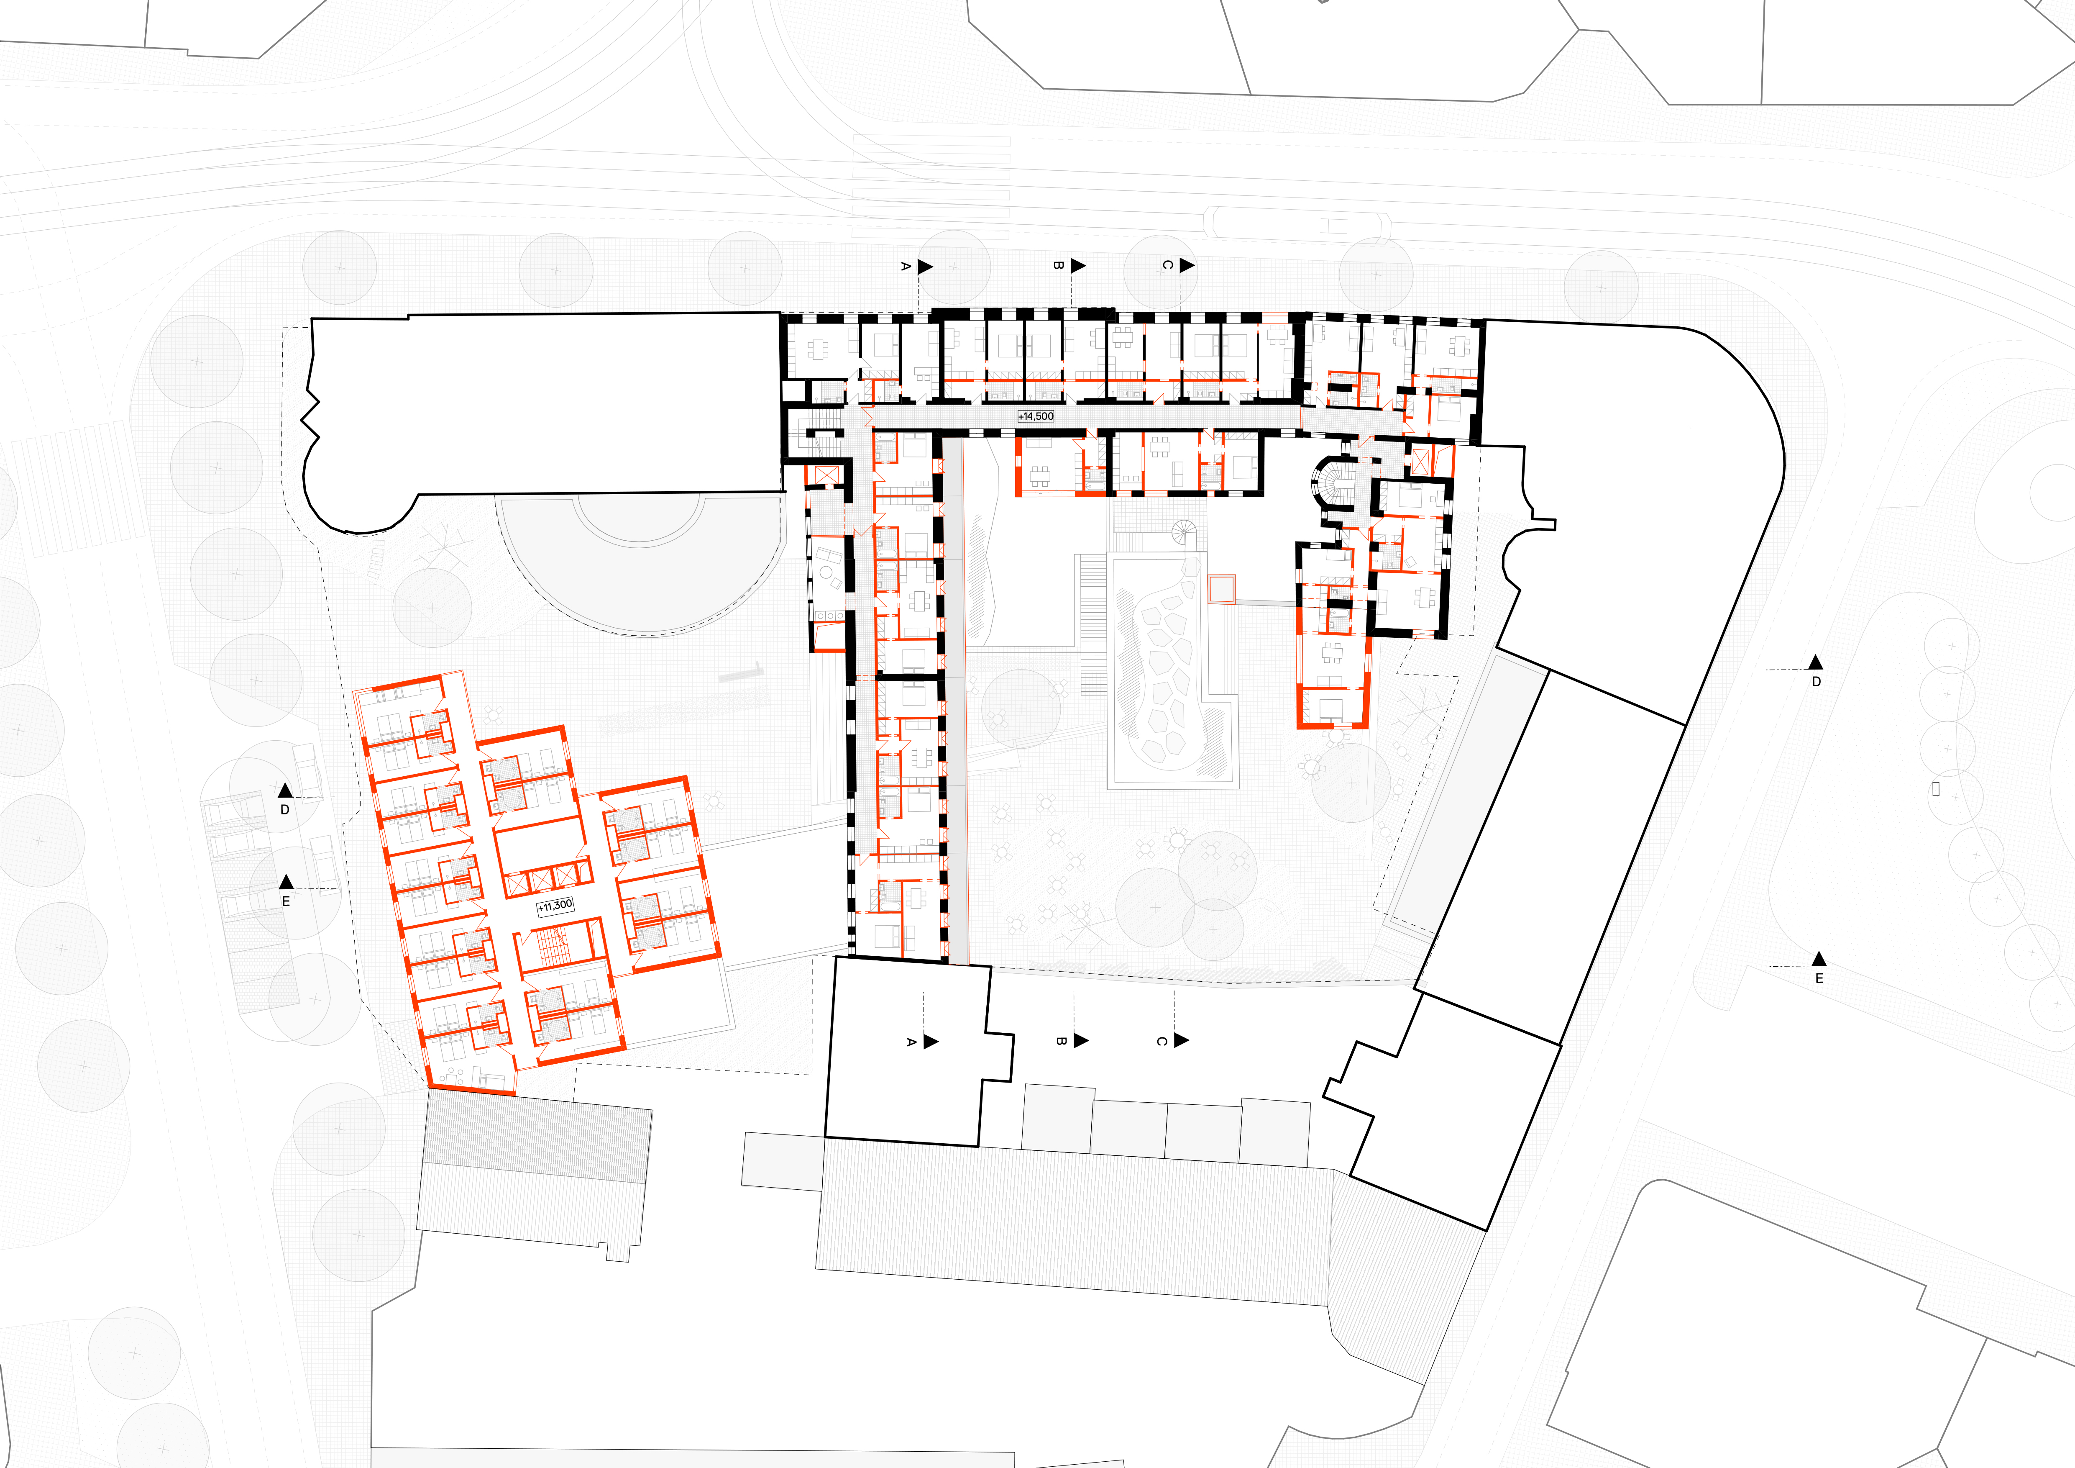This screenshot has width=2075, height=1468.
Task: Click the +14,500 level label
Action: [x=1036, y=416]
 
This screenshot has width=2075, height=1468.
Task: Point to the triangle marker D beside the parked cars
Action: [x=285, y=791]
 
